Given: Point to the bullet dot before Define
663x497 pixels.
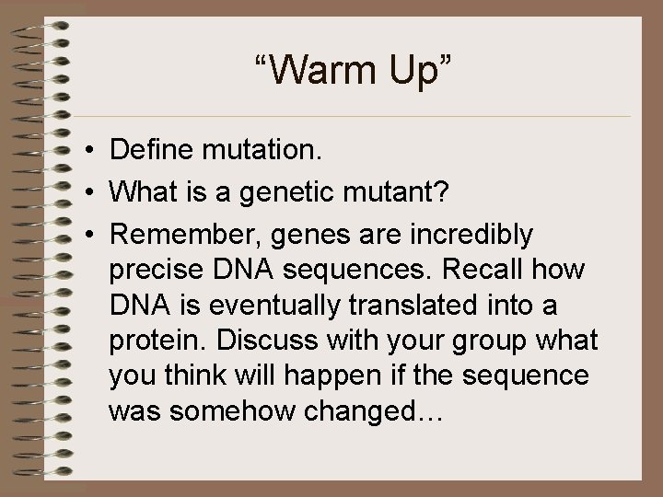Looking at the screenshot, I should pyautogui.click(x=83, y=150).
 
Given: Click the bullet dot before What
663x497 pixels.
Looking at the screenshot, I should pyautogui.click(x=83, y=192).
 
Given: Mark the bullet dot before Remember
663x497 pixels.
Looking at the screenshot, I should pyautogui.click(x=83, y=236).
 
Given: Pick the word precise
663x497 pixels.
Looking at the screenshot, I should pyautogui.click(x=154, y=270).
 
